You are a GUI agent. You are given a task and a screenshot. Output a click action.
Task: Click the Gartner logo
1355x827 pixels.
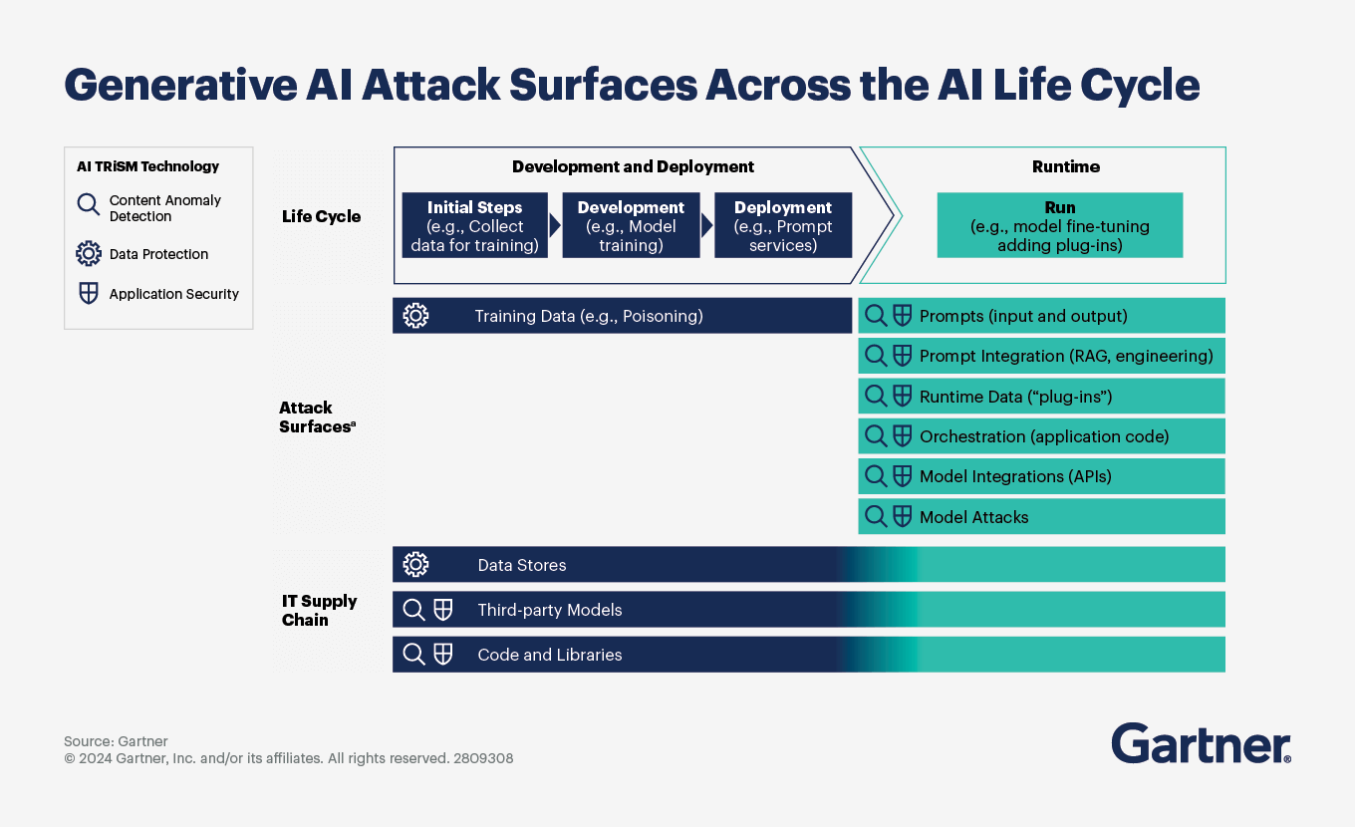click(x=1201, y=743)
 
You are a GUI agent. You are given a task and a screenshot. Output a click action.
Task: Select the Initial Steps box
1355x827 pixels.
click(x=474, y=226)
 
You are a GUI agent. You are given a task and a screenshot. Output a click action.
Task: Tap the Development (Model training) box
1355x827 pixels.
click(x=631, y=226)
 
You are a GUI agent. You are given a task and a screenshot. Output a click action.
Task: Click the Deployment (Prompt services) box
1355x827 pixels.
click(x=782, y=226)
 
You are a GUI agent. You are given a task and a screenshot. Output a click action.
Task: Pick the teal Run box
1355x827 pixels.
click(x=1059, y=226)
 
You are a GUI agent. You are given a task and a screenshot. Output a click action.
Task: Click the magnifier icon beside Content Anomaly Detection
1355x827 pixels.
click(x=89, y=205)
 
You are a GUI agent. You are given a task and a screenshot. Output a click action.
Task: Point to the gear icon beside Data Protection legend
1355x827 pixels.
click(x=89, y=254)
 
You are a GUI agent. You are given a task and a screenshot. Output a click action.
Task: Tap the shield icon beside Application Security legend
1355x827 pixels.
click(x=89, y=294)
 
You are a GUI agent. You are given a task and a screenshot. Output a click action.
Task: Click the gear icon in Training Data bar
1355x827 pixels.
click(x=415, y=316)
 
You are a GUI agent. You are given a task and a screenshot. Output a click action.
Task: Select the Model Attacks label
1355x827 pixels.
click(x=973, y=517)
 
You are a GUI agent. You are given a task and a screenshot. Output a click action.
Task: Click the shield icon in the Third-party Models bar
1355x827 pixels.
click(x=443, y=610)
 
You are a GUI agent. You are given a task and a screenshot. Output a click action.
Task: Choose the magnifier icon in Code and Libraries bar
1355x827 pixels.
click(x=413, y=655)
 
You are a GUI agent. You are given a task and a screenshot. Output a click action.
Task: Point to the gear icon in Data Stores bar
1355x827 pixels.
click(x=415, y=565)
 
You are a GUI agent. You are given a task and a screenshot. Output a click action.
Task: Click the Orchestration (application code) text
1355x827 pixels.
click(x=1043, y=436)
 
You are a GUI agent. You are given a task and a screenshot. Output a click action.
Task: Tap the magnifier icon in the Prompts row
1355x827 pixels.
click(x=876, y=316)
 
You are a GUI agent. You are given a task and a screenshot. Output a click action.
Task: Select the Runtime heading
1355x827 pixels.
click(x=1065, y=167)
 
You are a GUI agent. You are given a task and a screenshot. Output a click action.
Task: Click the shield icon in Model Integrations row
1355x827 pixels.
click(x=902, y=476)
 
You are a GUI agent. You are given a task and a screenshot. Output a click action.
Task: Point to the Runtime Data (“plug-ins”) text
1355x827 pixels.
click(x=1015, y=397)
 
